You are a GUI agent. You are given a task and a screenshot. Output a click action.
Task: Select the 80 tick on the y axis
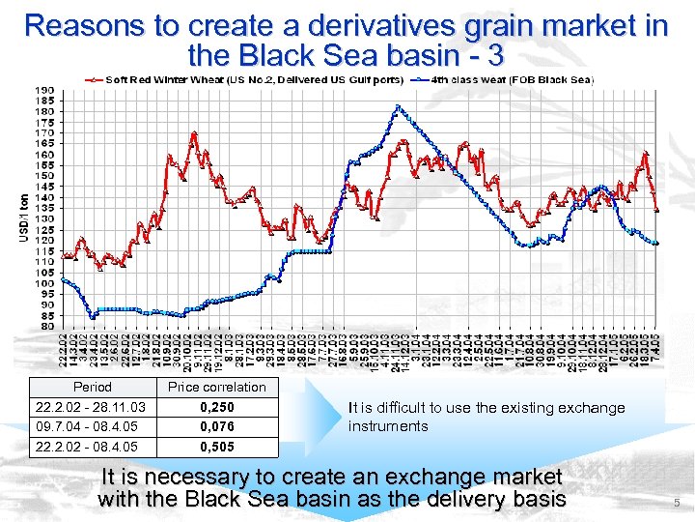tap(45, 327)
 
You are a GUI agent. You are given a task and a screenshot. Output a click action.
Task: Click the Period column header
tap(92, 387)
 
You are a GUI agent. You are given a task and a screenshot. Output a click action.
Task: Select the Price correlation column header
tap(216, 387)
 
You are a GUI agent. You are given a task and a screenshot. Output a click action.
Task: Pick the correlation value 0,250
tap(216, 407)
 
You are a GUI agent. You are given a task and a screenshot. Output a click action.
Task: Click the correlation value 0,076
tap(216, 425)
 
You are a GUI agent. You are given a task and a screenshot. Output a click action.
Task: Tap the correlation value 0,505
tap(216, 447)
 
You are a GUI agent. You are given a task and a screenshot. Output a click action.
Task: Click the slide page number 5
tap(677, 503)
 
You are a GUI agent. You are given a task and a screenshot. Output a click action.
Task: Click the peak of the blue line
tap(397, 106)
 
